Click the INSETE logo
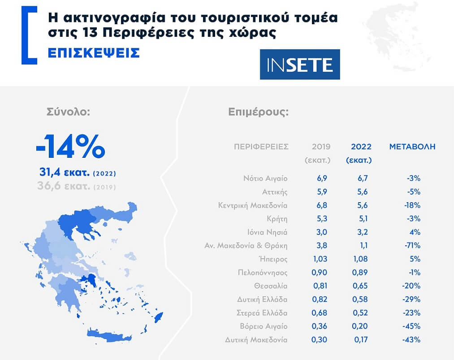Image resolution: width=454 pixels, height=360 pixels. click(x=300, y=65)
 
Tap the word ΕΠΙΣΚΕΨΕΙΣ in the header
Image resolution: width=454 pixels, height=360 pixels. click(x=94, y=52)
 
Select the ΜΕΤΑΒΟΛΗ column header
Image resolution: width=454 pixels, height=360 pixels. click(x=412, y=147)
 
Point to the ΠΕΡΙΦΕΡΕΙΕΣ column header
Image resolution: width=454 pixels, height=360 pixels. click(x=261, y=147)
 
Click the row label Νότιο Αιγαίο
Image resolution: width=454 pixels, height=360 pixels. click(x=265, y=178)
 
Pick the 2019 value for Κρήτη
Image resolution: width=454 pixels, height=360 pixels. click(x=322, y=219)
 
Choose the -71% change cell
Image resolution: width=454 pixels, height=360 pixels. click(x=411, y=246)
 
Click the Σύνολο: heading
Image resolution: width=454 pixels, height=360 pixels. click(x=69, y=112)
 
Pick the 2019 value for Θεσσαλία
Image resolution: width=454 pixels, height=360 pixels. click(x=322, y=286)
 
